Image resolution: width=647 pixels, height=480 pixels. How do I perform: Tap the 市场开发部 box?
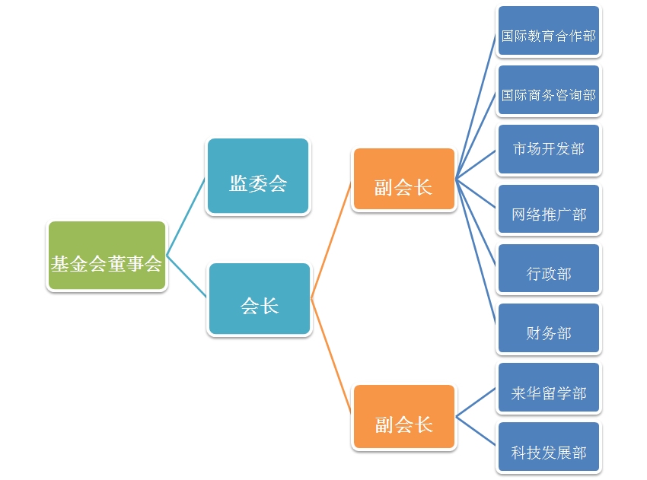(x=549, y=150)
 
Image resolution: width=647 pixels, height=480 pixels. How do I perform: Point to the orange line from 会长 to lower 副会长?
(x=331, y=357)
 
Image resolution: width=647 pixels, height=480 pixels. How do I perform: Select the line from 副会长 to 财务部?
(x=476, y=254)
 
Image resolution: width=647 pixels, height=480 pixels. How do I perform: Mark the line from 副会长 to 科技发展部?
(x=476, y=431)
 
